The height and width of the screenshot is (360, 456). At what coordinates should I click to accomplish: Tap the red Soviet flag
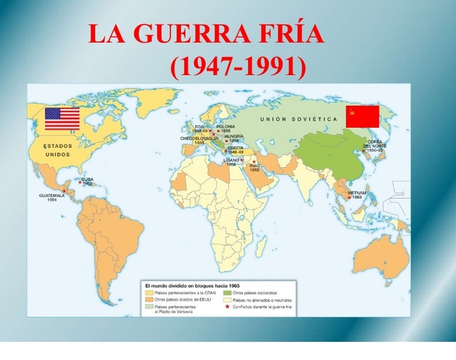(x=361, y=117)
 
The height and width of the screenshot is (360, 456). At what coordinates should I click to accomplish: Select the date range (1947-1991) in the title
(x=239, y=68)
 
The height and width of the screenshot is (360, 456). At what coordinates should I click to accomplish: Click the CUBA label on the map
(x=87, y=180)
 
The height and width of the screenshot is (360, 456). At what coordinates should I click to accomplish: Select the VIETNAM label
(x=357, y=193)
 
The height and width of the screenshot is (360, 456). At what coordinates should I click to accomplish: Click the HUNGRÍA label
(x=234, y=137)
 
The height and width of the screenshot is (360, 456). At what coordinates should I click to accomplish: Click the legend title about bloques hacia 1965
(x=186, y=286)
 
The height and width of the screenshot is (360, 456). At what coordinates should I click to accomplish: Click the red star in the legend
(x=227, y=306)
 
